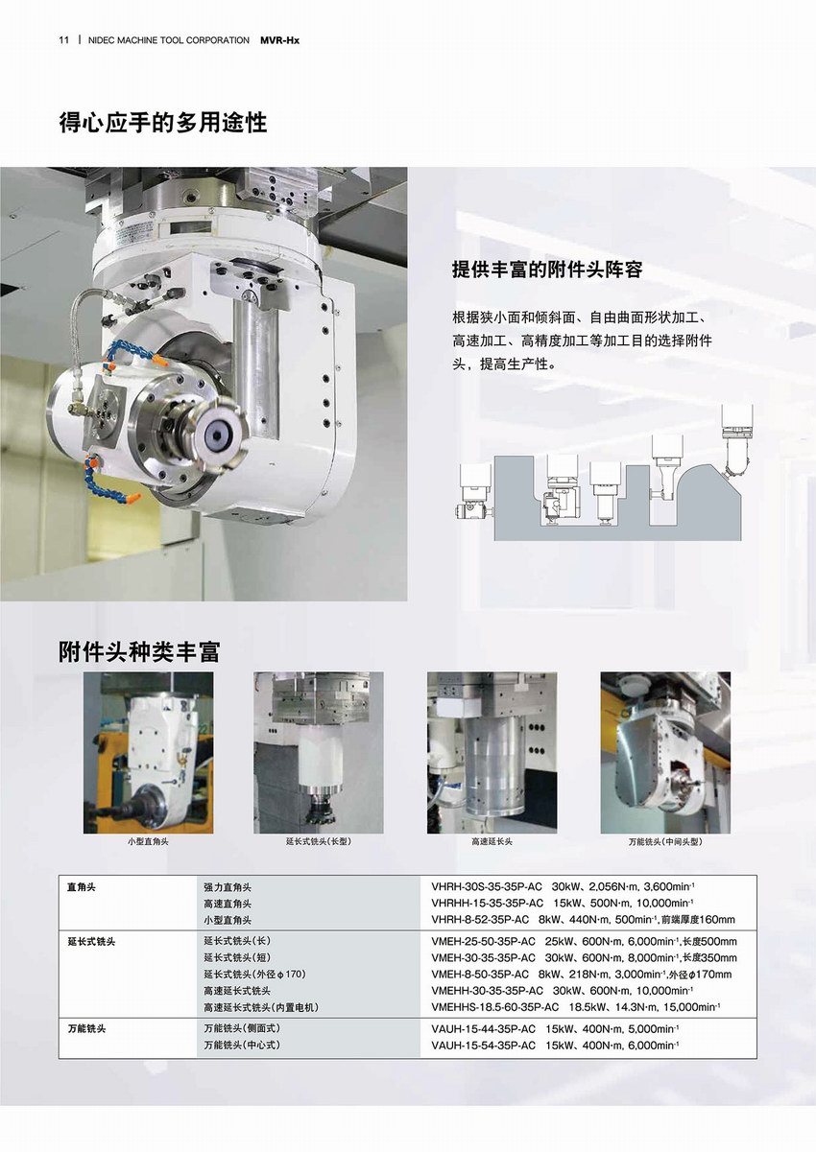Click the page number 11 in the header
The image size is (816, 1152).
pyautogui.click(x=63, y=40)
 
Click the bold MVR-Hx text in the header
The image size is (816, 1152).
pyautogui.click(x=280, y=40)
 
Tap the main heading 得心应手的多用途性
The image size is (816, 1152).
pyautogui.click(x=162, y=124)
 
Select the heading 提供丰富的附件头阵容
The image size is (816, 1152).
pyautogui.click(x=547, y=270)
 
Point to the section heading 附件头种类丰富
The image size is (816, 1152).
pyautogui.click(x=139, y=651)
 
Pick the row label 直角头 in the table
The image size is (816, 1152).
pyautogui.click(x=81, y=887)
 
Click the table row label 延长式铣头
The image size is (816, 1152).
pyautogui.click(x=90, y=942)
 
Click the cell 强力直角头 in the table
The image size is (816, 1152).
pyautogui.click(x=228, y=887)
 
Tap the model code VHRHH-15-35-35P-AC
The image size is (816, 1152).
pyautogui.click(x=487, y=904)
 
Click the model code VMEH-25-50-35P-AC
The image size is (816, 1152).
pyautogui.click(x=484, y=942)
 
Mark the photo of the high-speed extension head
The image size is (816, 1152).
pyautogui.click(x=492, y=753)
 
